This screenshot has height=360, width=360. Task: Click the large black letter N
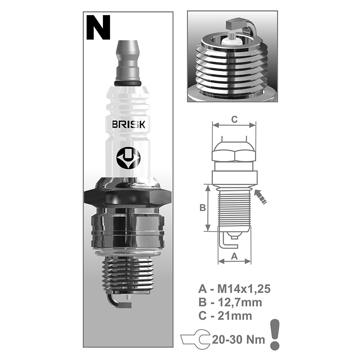[x=98, y=28]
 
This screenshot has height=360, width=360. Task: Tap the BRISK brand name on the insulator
[x=129, y=124]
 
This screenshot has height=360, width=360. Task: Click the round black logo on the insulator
[x=128, y=158]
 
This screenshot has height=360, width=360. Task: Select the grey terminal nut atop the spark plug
[x=128, y=61]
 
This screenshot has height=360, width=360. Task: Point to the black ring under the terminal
[x=127, y=83]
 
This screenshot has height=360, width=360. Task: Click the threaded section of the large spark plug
[x=128, y=275]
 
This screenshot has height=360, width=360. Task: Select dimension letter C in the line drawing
[x=234, y=119]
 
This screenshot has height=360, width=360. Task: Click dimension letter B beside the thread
[x=203, y=208]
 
